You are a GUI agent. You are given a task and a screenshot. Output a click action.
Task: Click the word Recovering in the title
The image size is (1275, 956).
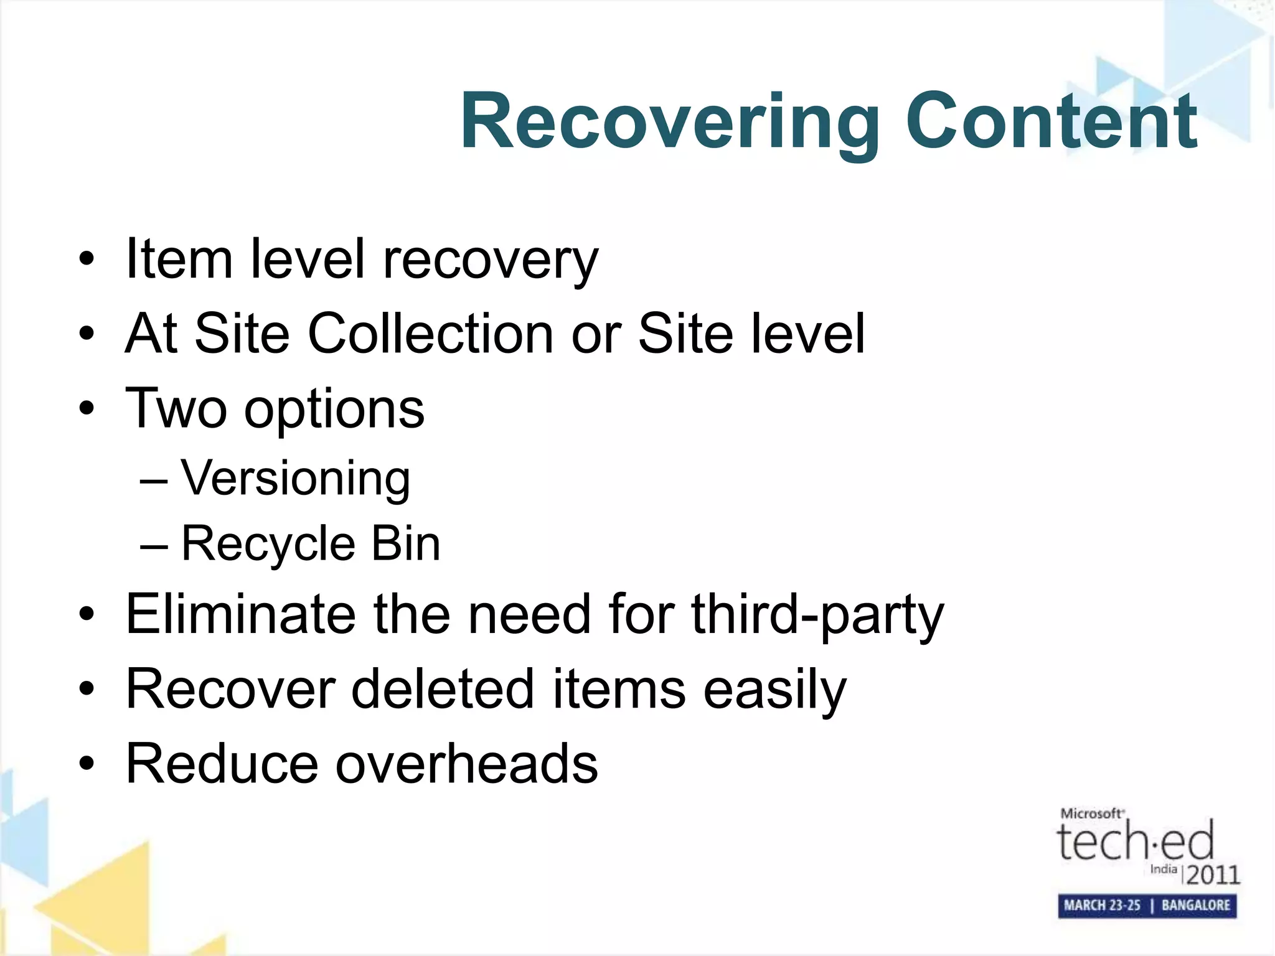669,121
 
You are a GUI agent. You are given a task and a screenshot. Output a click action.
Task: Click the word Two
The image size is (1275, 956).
176,408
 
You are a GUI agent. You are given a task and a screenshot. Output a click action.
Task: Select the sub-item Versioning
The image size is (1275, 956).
296,479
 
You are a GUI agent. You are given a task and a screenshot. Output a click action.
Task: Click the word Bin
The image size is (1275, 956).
406,543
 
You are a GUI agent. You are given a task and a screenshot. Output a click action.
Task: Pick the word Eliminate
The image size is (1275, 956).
240,614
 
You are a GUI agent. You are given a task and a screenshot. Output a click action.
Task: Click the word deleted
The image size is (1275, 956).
443,689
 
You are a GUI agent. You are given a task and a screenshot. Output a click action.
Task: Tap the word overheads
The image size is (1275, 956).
467,764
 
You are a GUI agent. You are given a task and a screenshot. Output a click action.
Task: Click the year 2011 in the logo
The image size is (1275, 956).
1213,874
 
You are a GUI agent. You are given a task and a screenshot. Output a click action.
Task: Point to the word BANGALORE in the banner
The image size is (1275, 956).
1195,905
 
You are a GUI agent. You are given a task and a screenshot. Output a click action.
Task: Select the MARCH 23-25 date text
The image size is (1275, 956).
1101,905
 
